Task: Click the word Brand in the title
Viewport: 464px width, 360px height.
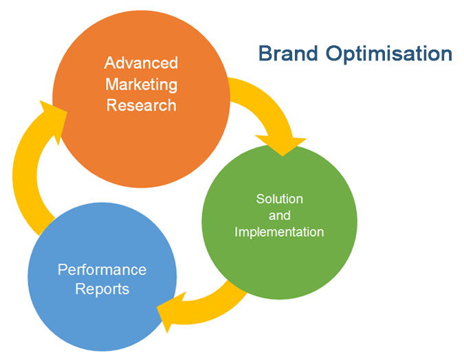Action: coord(288,54)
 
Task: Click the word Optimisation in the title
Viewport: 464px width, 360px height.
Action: coord(389,54)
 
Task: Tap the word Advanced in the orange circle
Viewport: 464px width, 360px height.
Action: coord(141,63)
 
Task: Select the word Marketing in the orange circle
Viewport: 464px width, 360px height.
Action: coord(142,85)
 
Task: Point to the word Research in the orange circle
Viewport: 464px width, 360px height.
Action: coord(142,105)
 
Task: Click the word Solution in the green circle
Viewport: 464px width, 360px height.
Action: coord(280,199)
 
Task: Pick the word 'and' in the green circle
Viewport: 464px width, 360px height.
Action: coord(280,215)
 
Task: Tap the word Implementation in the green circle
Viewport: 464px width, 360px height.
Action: coord(279,232)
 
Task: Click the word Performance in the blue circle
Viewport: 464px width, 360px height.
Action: coord(102,270)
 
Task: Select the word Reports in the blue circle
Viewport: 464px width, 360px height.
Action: coord(102,289)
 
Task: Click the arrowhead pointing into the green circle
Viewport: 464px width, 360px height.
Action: coord(281,145)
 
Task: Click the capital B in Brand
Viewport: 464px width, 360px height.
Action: coord(265,54)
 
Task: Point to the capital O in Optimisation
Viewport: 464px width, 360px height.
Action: coord(334,54)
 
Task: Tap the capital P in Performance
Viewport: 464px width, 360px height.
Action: coord(63,270)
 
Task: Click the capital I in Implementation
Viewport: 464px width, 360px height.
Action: coord(236,232)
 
